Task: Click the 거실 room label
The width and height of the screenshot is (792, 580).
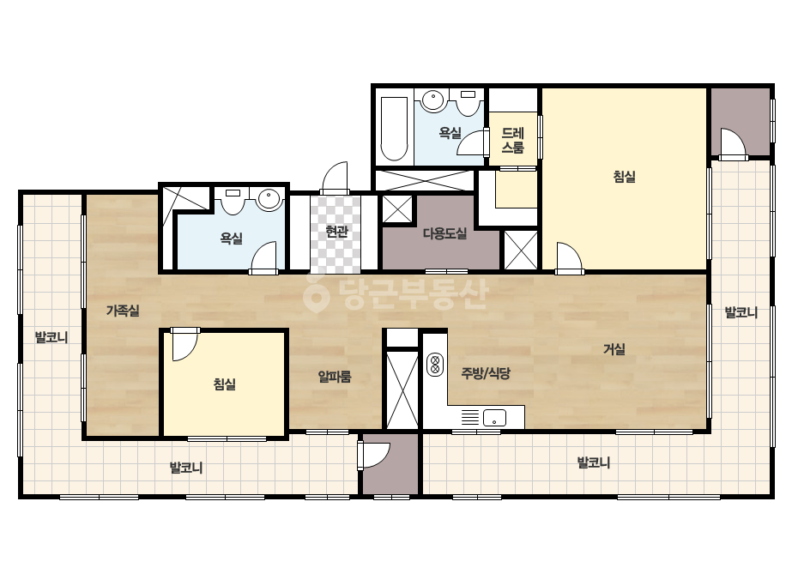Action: tap(614, 349)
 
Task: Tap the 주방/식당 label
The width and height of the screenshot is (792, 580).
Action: tap(486, 373)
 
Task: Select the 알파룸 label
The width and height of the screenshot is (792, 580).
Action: tap(335, 377)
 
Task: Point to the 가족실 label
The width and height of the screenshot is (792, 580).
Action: tap(123, 311)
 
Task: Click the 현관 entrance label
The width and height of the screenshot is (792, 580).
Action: tap(336, 232)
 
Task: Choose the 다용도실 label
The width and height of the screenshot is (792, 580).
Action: tap(444, 233)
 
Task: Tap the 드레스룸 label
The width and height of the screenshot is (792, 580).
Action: tap(512, 141)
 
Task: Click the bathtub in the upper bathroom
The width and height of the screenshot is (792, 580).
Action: tap(394, 129)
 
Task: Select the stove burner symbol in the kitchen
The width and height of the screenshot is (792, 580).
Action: tap(434, 365)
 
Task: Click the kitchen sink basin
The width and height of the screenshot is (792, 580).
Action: tap(494, 418)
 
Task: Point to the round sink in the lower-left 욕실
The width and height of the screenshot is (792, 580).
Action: tap(269, 198)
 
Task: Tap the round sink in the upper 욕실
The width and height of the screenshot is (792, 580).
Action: tap(432, 100)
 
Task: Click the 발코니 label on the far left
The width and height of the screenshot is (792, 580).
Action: tap(51, 337)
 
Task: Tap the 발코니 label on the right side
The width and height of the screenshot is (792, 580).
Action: tap(741, 312)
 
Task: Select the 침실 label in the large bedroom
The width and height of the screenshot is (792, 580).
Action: tap(625, 177)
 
